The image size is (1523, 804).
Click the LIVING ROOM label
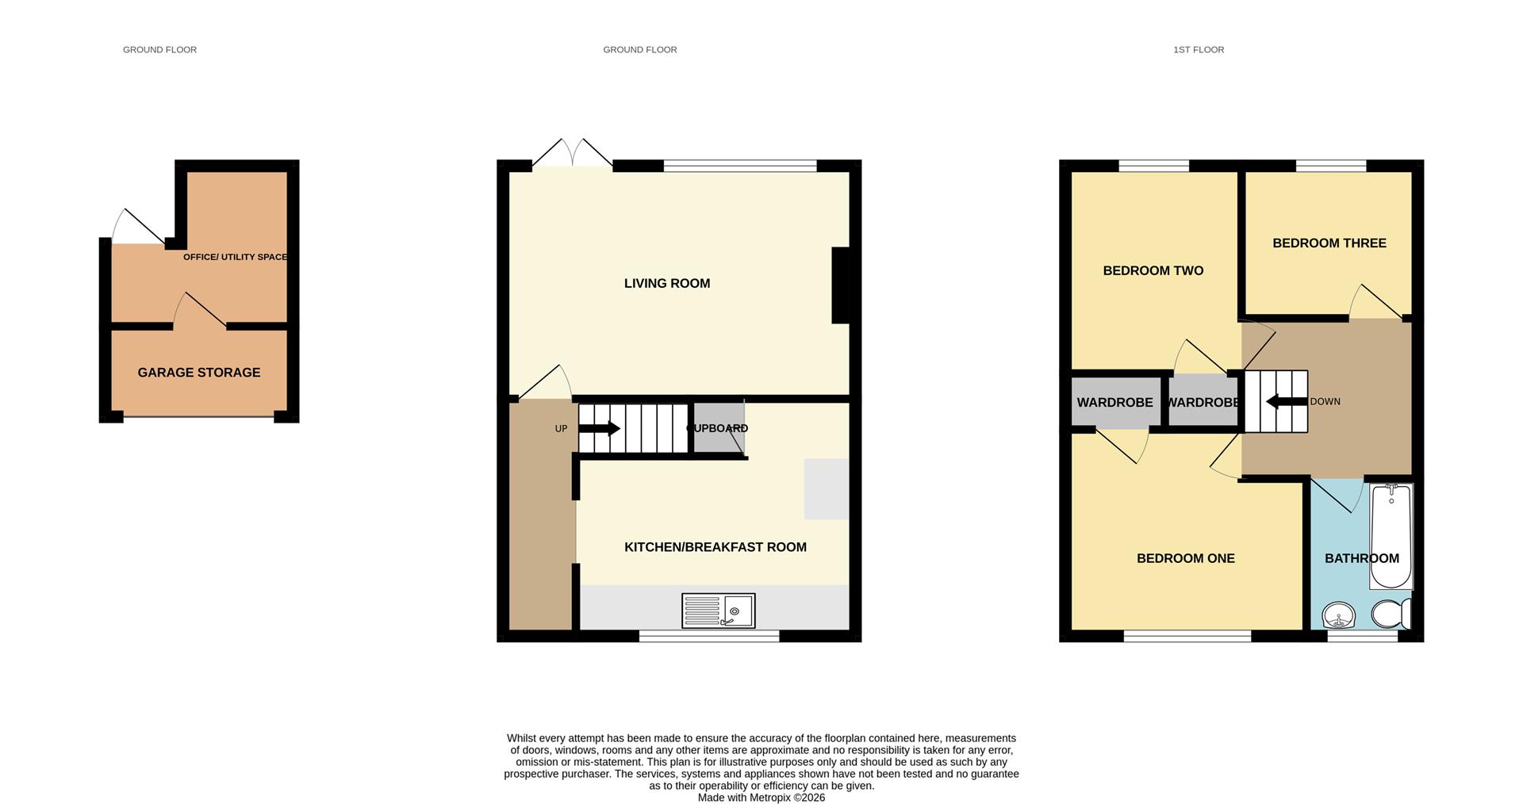click(x=666, y=283)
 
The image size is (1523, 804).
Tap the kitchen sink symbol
click(x=718, y=611)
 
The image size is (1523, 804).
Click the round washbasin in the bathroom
click(x=1339, y=615)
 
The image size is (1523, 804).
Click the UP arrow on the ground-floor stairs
click(x=599, y=429)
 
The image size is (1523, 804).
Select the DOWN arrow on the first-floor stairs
click(x=1286, y=402)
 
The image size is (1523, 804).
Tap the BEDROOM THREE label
click(x=1329, y=243)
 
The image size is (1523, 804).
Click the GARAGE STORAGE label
click(x=198, y=373)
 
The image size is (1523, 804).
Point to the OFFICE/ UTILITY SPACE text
click(x=235, y=257)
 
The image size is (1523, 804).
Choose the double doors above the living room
click(x=572, y=154)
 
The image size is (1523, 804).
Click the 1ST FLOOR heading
click(x=1198, y=50)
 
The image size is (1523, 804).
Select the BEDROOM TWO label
click(x=1153, y=270)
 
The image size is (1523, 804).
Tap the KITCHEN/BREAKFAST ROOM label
click(x=715, y=547)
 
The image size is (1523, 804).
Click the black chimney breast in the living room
click(x=840, y=285)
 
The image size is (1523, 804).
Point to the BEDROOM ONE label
click(x=1185, y=558)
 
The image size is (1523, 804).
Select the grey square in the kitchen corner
click(x=826, y=488)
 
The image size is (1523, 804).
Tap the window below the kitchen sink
click(x=709, y=636)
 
